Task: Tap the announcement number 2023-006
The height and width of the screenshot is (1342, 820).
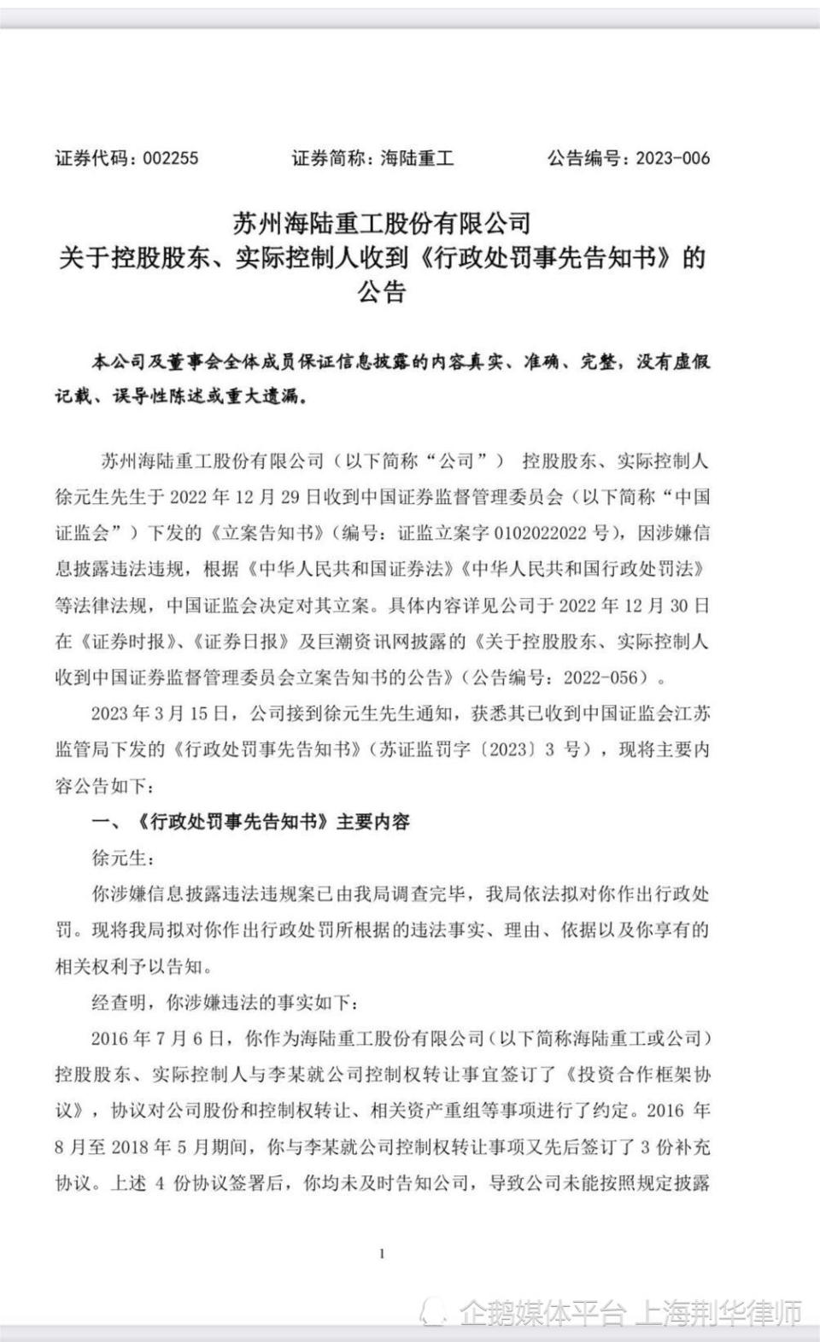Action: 672,158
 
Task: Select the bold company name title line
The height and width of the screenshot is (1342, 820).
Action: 382,224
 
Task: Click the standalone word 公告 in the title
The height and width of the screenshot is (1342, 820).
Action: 382,293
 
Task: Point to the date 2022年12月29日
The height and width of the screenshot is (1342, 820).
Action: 252,497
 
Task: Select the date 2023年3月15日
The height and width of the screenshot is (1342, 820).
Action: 160,713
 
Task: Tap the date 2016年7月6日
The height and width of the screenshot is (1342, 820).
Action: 160,1039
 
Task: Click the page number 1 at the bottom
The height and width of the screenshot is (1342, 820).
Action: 382,1254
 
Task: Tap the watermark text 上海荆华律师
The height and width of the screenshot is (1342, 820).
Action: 717,1311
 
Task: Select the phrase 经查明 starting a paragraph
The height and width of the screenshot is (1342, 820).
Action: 119,1003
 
